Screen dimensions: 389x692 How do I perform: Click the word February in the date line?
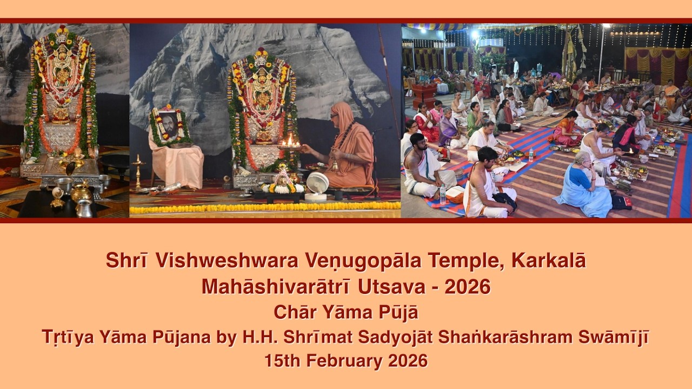click(x=350, y=360)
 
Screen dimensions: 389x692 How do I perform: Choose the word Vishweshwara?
click(x=223, y=261)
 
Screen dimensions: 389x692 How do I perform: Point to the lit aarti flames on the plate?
click(x=291, y=142)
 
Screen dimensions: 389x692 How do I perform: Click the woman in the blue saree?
click(x=584, y=184)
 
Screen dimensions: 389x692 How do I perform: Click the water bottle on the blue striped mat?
click(x=443, y=193)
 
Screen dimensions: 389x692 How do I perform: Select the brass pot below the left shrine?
click(x=81, y=192)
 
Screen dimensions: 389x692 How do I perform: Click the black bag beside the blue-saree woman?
click(x=621, y=201)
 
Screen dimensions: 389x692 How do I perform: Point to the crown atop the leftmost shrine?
click(x=63, y=34)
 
